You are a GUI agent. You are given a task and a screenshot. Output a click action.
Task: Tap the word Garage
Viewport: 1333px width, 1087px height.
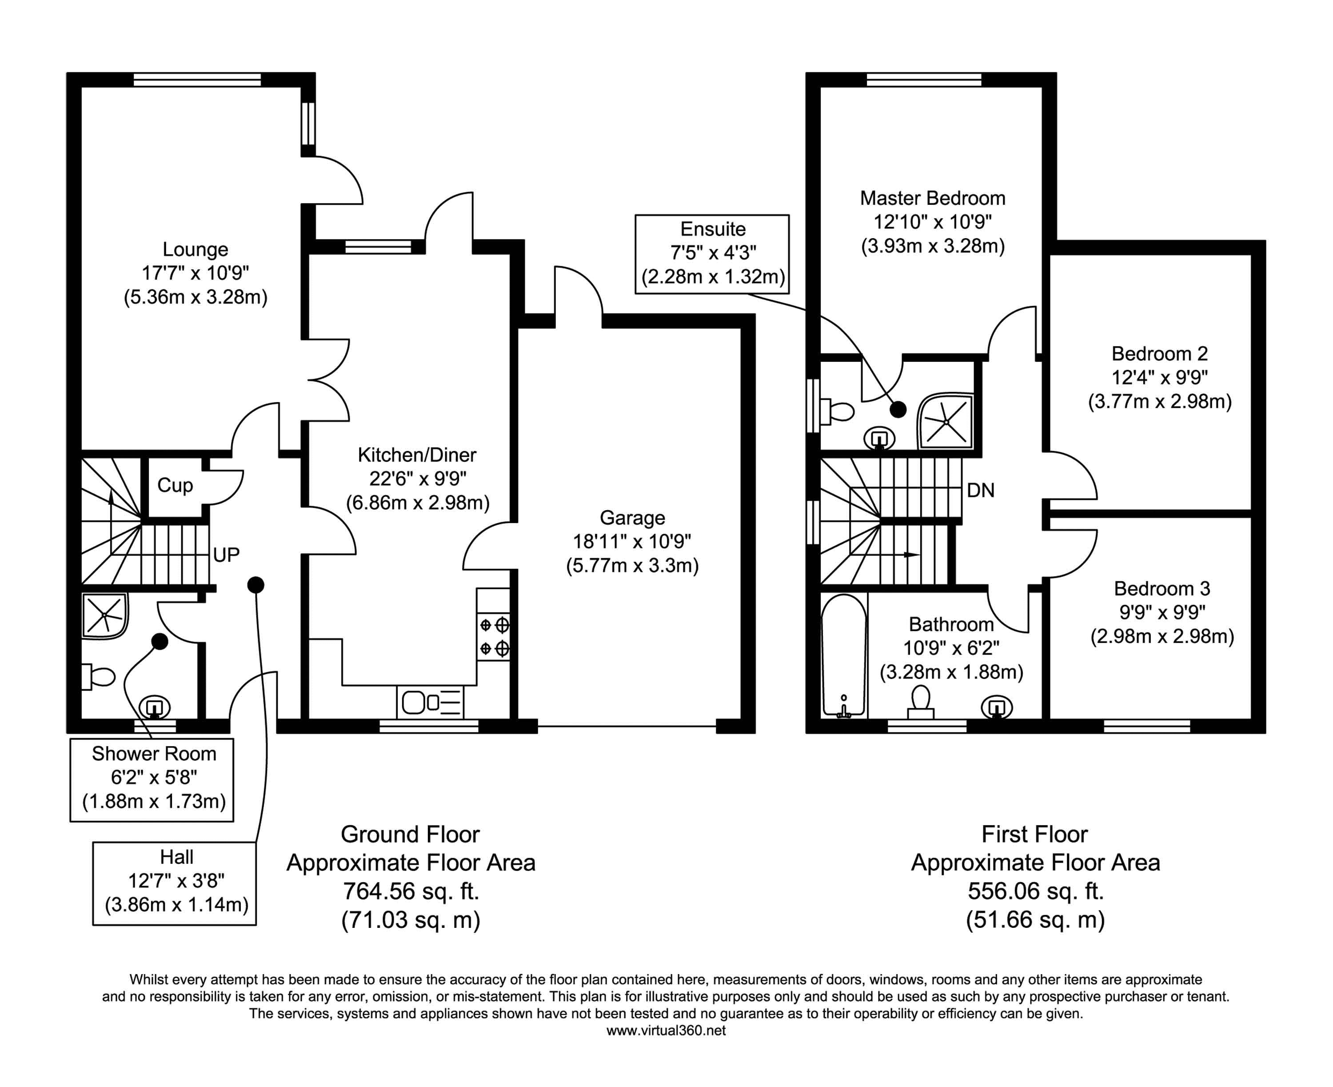point(632,518)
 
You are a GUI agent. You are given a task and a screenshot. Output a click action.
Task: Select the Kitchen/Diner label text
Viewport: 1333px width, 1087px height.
point(417,455)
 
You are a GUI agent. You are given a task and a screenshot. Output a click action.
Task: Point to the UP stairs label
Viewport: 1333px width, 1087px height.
point(226,555)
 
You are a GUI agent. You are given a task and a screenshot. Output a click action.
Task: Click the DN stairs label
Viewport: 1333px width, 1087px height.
point(981,490)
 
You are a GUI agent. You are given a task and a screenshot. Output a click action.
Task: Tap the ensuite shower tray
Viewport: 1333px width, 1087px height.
point(946,421)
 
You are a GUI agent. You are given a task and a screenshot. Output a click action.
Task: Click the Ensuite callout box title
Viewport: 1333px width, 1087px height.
point(713,229)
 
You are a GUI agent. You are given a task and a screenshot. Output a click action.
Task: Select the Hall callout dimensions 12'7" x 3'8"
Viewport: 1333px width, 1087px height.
point(176,881)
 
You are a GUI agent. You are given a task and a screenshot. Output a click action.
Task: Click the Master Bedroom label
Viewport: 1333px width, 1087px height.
point(932,199)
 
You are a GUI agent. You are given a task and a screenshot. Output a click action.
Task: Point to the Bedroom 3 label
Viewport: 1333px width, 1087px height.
point(1161,588)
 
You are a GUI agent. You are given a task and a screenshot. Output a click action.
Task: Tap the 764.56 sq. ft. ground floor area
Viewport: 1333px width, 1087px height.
point(410,891)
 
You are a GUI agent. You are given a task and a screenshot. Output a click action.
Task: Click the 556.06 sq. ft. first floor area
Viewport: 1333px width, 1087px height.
point(1035,891)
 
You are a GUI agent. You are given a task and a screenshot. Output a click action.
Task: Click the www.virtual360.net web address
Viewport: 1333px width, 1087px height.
point(666,1031)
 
